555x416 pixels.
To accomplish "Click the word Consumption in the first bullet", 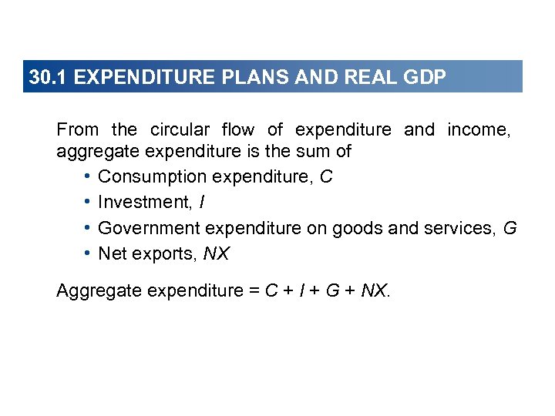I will click(x=153, y=176).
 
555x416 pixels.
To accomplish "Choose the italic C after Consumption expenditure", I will click(x=326, y=176).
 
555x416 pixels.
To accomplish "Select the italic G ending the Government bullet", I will click(x=510, y=228).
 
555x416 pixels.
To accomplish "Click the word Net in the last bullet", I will click(x=112, y=253).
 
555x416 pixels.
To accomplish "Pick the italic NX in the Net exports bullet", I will click(x=216, y=253).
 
